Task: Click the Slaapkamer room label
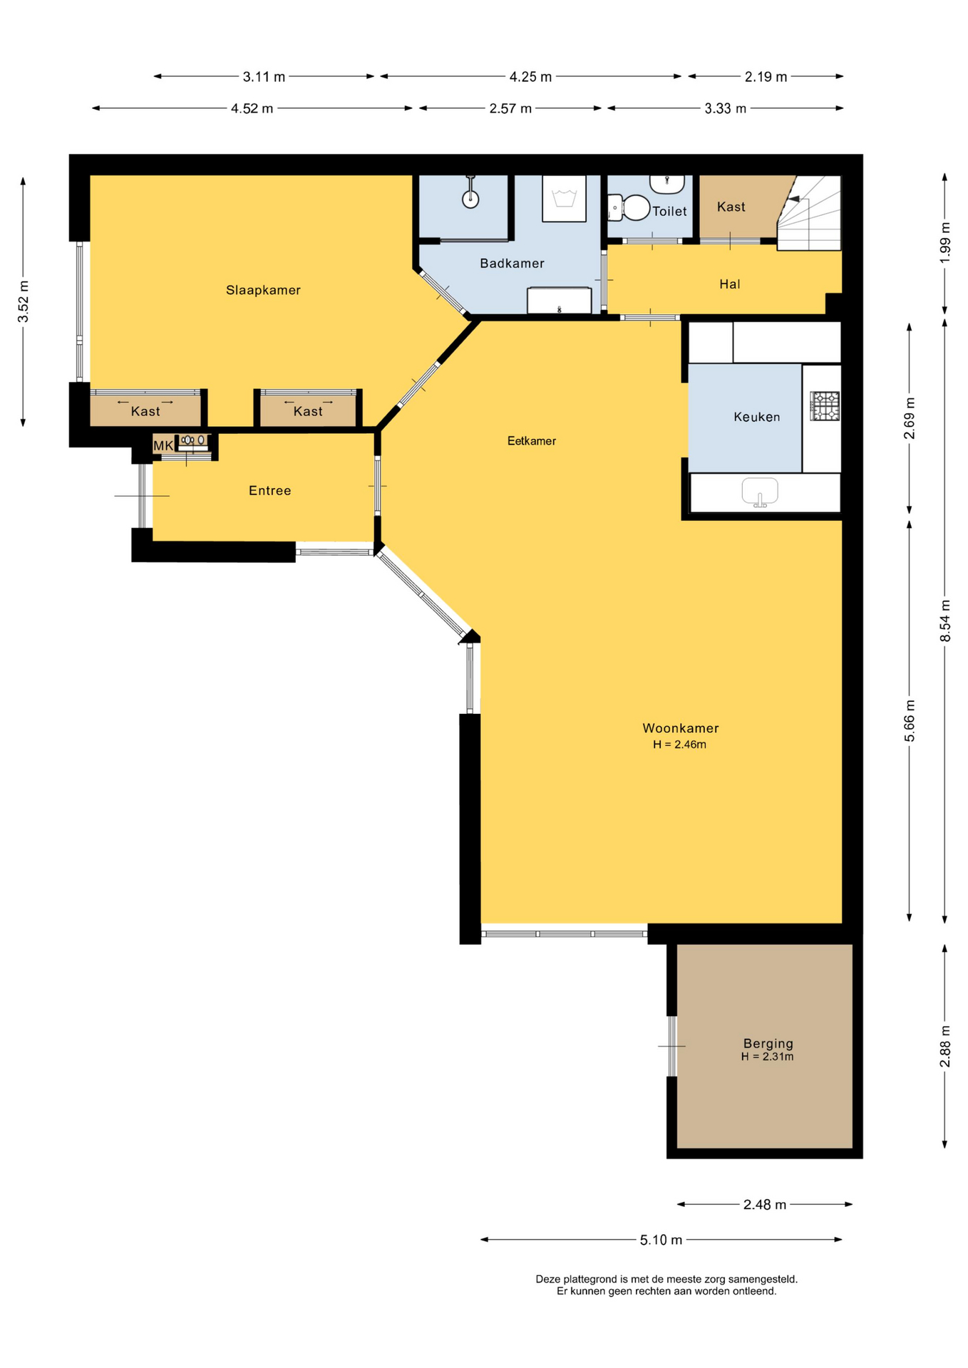pyautogui.click(x=263, y=290)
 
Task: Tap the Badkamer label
pyautogui.click(x=512, y=264)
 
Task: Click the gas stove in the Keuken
pyautogui.click(x=825, y=406)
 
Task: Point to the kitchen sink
pyautogui.click(x=760, y=492)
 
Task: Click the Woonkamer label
pyautogui.click(x=681, y=728)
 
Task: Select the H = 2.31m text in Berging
pyautogui.click(x=767, y=1057)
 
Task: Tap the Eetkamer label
pyautogui.click(x=532, y=441)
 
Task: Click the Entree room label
pyautogui.click(x=269, y=491)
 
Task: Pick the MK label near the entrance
pyautogui.click(x=163, y=446)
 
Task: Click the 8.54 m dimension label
pyautogui.click(x=945, y=621)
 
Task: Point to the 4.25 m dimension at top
pyautogui.click(x=530, y=77)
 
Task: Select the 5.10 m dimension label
pyautogui.click(x=661, y=1240)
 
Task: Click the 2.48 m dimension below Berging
pyautogui.click(x=765, y=1205)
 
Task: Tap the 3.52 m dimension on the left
pyautogui.click(x=24, y=301)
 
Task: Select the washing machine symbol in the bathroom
pyautogui.click(x=564, y=199)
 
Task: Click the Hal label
pyautogui.click(x=730, y=284)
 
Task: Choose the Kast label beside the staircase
pyautogui.click(x=731, y=207)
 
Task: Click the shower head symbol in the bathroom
pyautogui.click(x=470, y=199)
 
